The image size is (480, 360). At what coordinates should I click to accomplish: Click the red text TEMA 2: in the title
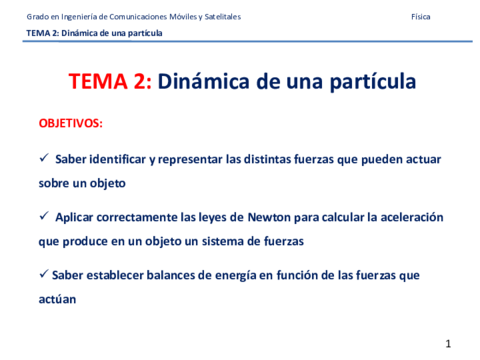click(x=110, y=82)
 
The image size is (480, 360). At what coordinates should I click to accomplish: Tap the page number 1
click(x=449, y=344)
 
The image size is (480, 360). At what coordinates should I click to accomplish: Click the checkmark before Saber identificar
click(x=43, y=159)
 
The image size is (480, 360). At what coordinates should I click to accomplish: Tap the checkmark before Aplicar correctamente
click(x=43, y=217)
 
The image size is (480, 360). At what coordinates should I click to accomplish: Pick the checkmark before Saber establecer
click(x=43, y=274)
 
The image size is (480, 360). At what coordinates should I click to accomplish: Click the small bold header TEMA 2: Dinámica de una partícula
click(x=94, y=33)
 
